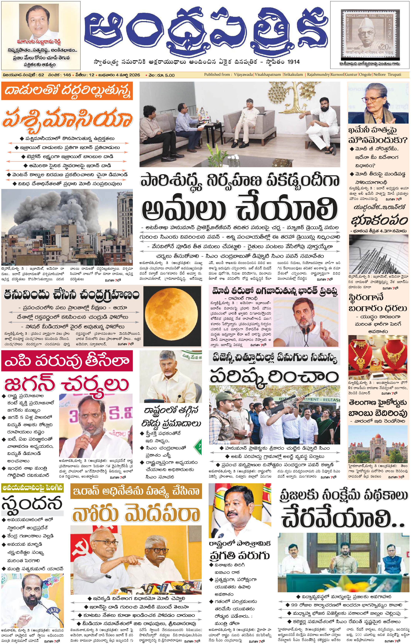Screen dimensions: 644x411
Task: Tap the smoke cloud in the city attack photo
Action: point(54,211)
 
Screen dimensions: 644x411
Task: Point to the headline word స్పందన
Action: point(32,503)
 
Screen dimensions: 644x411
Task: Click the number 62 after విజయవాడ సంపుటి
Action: point(41,75)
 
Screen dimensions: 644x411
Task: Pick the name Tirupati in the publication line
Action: point(394,75)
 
